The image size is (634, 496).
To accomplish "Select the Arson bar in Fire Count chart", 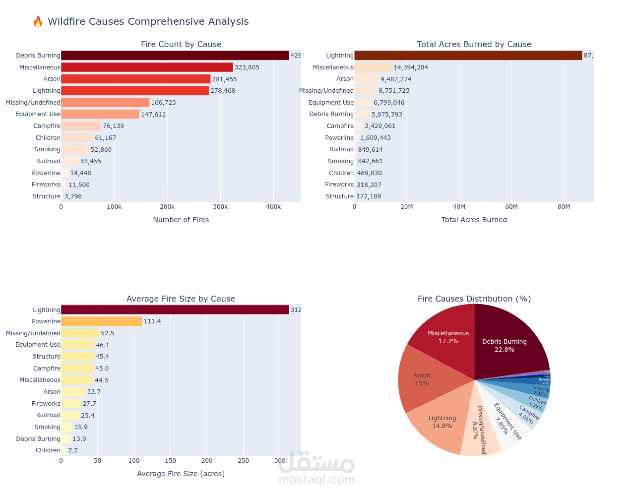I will (135, 79).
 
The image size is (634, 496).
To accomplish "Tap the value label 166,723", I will (164, 103).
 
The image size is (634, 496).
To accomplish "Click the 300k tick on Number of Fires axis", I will (220, 207).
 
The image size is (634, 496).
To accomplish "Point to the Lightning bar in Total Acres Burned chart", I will (468, 56).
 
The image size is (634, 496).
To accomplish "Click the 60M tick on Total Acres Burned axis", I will (511, 207).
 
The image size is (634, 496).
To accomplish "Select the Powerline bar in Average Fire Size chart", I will (101, 321).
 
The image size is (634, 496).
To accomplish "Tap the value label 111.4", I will (152, 321).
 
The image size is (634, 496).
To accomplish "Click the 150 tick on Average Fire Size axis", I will (170, 461).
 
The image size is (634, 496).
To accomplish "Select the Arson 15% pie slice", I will (422, 379).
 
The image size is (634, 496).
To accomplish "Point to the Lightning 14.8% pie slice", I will (442, 422).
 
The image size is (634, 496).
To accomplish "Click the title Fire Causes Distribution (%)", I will (474, 299).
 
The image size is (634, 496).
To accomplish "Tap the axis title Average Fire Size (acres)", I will (181, 474).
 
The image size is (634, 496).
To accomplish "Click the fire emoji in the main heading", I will (38, 21).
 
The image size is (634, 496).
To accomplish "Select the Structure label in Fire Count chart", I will (46, 196).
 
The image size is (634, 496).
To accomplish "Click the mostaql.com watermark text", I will (317, 480).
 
